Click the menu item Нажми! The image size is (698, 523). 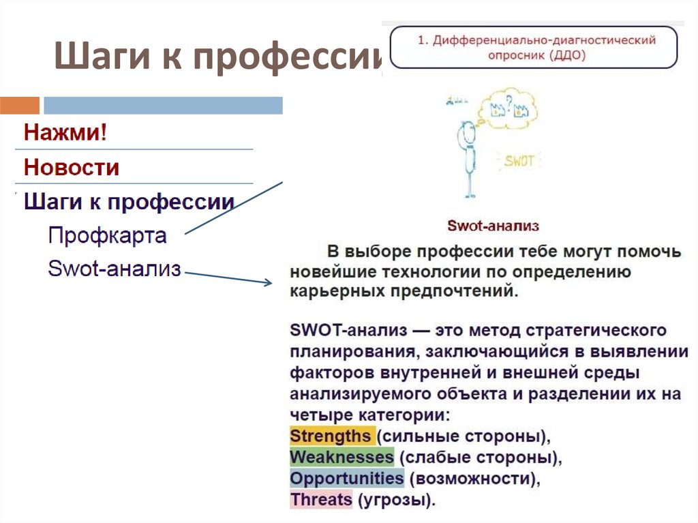click(65, 132)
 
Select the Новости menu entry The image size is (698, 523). click(72, 167)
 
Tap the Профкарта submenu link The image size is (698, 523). click(107, 236)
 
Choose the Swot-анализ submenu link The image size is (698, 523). click(115, 269)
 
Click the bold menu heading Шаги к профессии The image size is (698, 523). click(130, 202)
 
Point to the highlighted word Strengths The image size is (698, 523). click(331, 436)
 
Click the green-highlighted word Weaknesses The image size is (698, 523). click(342, 457)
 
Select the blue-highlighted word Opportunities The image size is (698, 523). click(346, 478)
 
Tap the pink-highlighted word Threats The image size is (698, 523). click(321, 500)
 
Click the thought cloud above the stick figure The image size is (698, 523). click(510, 107)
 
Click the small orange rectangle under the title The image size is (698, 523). click(20, 105)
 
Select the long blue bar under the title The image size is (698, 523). click(163, 105)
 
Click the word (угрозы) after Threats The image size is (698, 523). click(395, 500)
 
